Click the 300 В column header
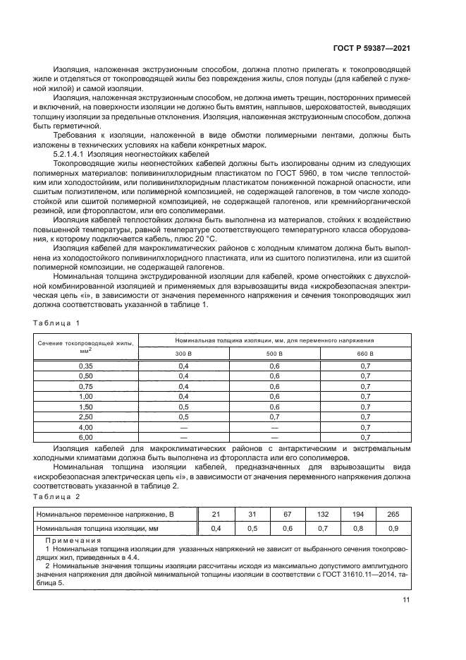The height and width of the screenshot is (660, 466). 183,352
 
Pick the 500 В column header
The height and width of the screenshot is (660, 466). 275,352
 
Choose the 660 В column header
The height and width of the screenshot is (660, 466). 365,352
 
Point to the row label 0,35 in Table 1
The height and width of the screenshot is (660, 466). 86,365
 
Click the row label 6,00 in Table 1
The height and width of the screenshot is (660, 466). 86,438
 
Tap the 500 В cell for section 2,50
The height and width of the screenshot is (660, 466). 275,417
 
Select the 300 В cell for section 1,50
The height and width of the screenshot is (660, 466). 183,407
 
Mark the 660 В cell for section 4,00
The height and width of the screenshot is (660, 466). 365,427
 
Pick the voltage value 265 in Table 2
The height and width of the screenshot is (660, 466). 393,515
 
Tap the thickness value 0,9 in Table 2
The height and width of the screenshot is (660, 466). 393,528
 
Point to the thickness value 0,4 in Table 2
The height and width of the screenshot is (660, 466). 216,528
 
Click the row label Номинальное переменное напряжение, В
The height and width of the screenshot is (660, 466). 105,515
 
